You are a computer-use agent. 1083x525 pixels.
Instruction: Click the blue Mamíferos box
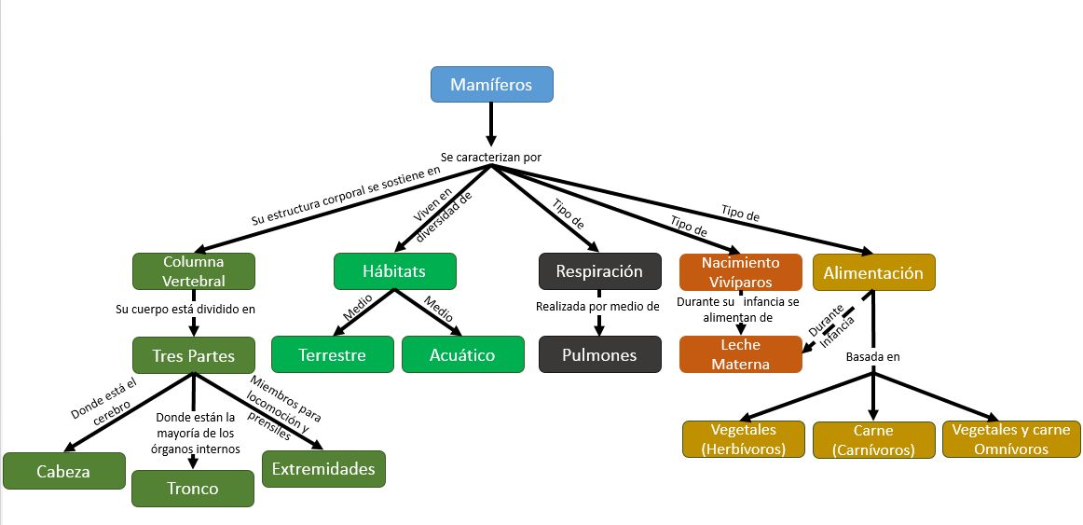pyautogui.click(x=491, y=84)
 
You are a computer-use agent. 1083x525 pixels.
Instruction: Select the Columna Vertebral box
pyautogui.click(x=194, y=271)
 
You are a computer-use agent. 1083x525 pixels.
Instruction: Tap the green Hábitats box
pyautogui.click(x=394, y=271)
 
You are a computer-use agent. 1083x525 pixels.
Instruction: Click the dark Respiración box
pyautogui.click(x=599, y=271)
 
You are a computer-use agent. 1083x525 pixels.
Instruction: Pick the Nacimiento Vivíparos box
pyautogui.click(x=740, y=271)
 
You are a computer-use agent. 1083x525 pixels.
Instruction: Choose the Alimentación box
pyautogui.click(x=873, y=272)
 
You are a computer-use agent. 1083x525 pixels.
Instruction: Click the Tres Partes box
pyautogui.click(x=194, y=354)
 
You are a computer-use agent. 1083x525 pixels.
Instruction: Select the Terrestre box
pyautogui.click(x=332, y=354)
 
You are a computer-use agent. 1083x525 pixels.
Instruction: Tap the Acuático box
pyautogui.click(x=462, y=354)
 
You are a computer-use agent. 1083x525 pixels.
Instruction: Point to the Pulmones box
pyautogui.click(x=599, y=354)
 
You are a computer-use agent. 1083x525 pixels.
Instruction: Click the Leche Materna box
pyautogui.click(x=740, y=354)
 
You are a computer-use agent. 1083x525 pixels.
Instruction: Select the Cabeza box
pyautogui.click(x=63, y=471)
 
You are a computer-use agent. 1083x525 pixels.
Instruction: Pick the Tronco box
pyautogui.click(x=193, y=488)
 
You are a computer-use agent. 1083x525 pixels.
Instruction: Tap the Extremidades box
pyautogui.click(x=323, y=468)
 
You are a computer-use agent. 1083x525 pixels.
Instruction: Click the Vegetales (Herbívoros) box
pyautogui.click(x=742, y=439)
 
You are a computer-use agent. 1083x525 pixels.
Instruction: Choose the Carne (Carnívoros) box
pyautogui.click(x=873, y=439)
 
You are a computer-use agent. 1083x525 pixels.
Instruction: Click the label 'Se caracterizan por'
pyautogui.click(x=491, y=158)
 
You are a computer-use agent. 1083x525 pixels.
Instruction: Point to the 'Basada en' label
pyautogui.click(x=872, y=356)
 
